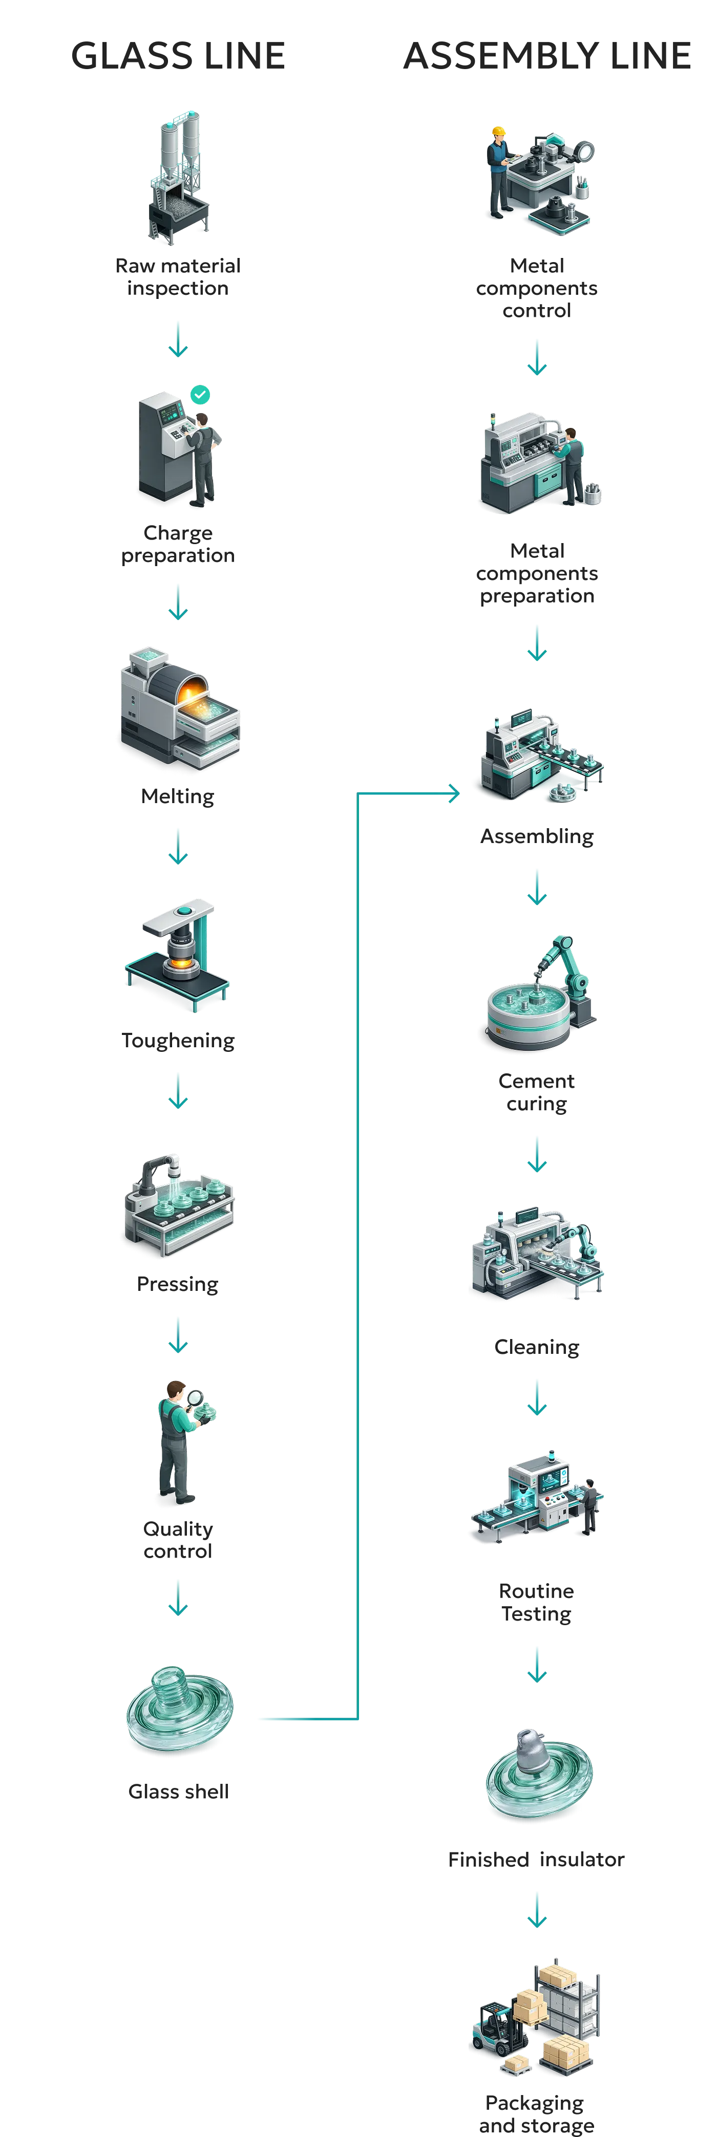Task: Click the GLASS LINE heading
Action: point(178,56)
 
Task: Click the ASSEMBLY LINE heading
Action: point(547,56)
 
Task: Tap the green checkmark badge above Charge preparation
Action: point(200,395)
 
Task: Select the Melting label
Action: point(178,796)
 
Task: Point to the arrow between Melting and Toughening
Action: point(178,847)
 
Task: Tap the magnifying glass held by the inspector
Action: point(195,1399)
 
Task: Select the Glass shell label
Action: point(178,1792)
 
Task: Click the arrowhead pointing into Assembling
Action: point(454,794)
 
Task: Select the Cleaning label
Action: point(537,1347)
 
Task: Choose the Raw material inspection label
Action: point(178,277)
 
